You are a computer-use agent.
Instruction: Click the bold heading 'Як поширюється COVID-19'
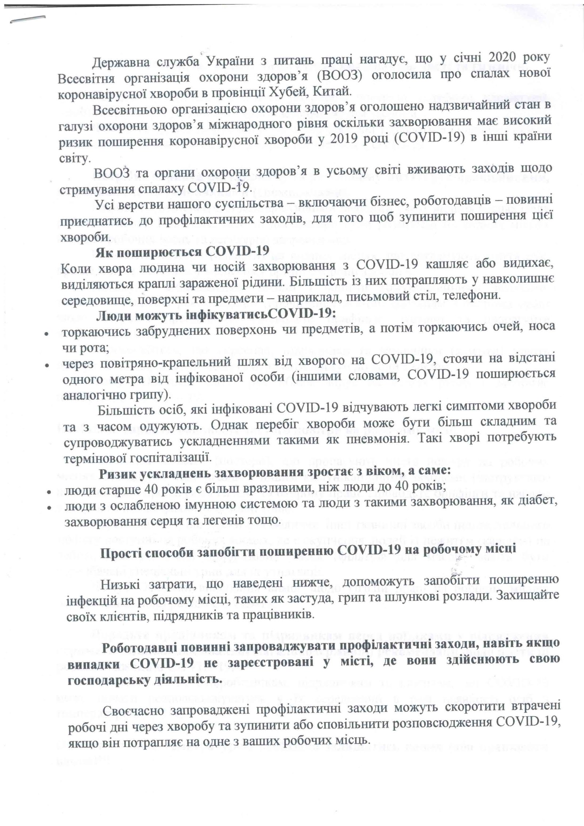[182, 252]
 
